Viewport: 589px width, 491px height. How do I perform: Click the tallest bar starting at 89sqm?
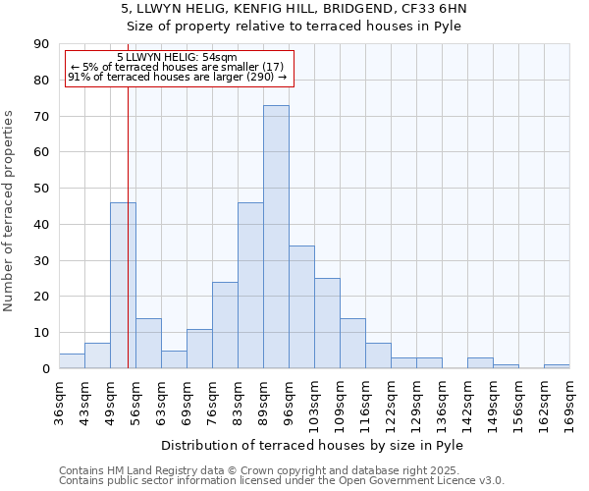[276, 237]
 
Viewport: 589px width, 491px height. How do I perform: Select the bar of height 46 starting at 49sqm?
[123, 285]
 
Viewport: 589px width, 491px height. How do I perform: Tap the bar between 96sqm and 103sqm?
[301, 306]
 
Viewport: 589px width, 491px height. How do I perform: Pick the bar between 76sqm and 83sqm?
[225, 325]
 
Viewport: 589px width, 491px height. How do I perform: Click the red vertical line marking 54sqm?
[129, 245]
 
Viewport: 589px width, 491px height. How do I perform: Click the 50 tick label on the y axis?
[43, 189]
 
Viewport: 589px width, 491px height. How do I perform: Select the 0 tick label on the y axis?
[46, 368]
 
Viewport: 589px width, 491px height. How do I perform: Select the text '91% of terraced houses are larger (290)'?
[177, 77]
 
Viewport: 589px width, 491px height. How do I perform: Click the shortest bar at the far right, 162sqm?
[557, 366]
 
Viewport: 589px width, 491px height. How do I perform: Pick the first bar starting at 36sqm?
[72, 360]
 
